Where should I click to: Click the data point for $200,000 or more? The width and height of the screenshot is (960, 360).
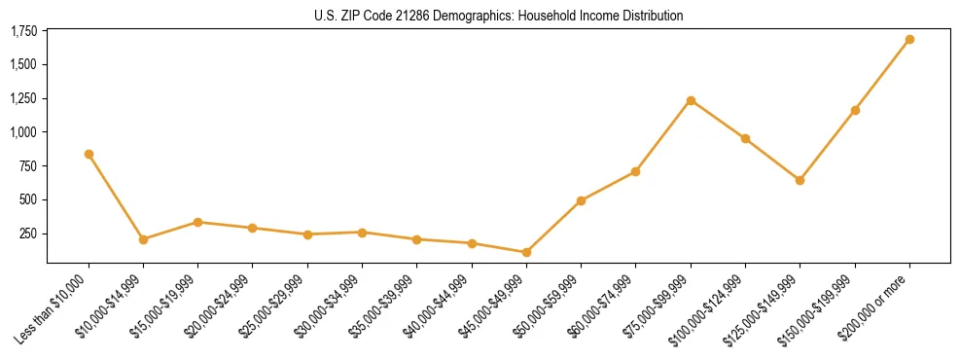click(x=909, y=40)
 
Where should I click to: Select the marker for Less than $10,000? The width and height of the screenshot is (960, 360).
click(x=89, y=154)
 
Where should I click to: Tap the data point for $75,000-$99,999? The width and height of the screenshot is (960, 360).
click(x=691, y=100)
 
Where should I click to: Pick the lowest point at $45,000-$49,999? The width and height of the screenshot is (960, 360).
click(x=526, y=252)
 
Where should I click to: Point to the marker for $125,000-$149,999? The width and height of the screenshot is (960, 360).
click(x=800, y=180)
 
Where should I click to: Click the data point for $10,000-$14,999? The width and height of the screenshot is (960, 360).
click(x=143, y=239)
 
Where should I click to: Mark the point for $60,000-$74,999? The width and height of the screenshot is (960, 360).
click(x=635, y=171)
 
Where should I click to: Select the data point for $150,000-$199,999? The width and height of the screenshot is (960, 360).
click(x=855, y=110)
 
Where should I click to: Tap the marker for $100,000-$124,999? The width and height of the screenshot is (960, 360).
click(x=745, y=138)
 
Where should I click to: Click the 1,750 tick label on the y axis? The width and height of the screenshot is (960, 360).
click(x=24, y=31)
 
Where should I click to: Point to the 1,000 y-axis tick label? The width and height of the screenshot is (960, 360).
click(x=24, y=132)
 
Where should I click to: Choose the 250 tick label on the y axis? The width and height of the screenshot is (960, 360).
click(x=29, y=234)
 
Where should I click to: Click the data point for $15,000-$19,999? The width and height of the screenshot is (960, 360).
click(x=197, y=222)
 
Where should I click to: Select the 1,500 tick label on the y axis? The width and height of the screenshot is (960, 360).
click(x=24, y=64)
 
